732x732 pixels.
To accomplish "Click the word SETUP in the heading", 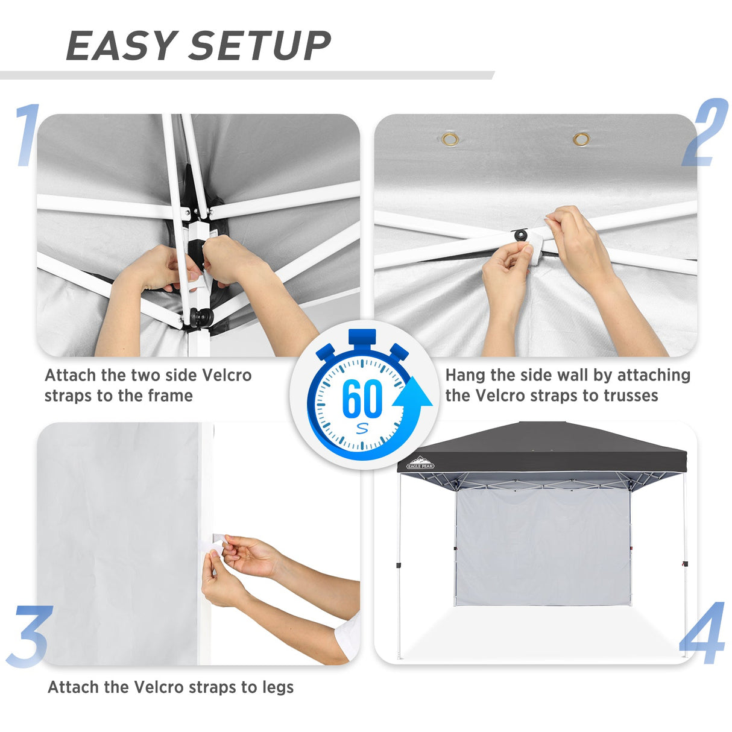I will (x=260, y=46).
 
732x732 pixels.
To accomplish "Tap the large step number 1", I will (x=27, y=135).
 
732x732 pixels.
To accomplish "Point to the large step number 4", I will (x=702, y=633).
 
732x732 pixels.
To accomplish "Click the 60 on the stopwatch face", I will (x=362, y=399).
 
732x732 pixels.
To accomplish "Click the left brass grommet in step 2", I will (x=450, y=140).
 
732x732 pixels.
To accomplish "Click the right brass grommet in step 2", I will (x=581, y=140).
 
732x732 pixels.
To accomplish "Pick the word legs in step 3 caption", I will (x=278, y=687).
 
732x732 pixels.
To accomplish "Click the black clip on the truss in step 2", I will (x=520, y=234).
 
